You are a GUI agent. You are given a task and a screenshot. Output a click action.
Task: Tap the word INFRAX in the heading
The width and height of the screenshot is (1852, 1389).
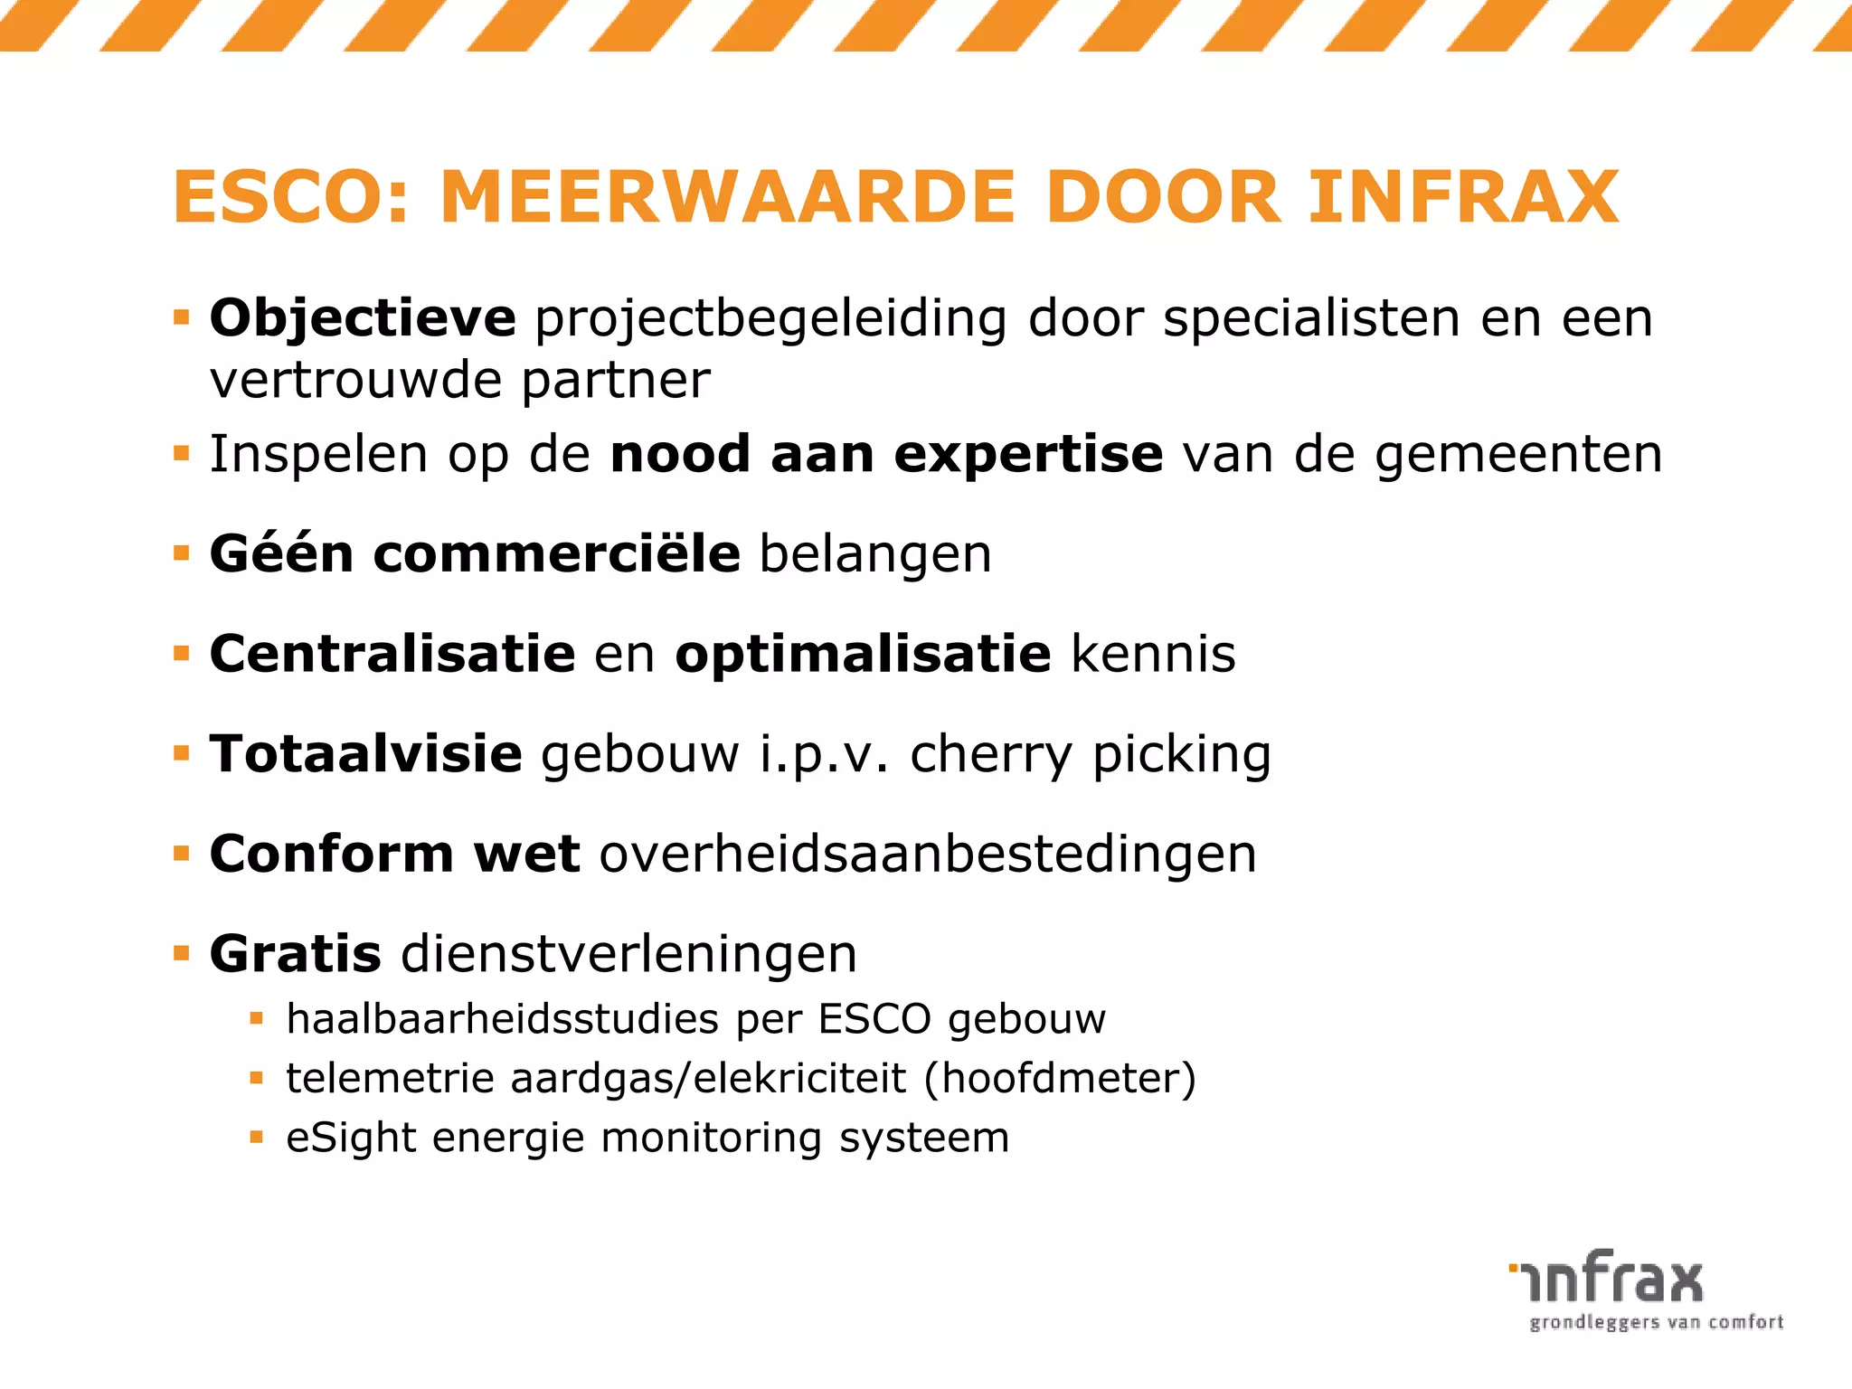tap(1462, 197)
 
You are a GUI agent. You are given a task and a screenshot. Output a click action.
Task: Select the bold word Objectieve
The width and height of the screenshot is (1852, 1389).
tap(363, 318)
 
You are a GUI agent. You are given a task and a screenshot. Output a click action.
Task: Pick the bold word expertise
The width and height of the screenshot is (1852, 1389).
tap(1028, 454)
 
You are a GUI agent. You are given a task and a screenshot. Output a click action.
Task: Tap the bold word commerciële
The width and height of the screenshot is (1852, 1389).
tap(556, 553)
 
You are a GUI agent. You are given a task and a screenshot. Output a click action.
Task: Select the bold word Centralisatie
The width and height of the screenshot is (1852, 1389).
tap(392, 653)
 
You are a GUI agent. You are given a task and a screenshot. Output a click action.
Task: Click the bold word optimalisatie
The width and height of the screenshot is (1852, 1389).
tap(863, 655)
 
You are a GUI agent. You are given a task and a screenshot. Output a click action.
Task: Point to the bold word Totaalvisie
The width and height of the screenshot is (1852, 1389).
tap(366, 753)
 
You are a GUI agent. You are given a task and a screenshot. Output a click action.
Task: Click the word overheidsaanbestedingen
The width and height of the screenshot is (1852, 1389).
tap(928, 854)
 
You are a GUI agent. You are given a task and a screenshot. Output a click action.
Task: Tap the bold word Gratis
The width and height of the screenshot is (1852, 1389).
tap(296, 954)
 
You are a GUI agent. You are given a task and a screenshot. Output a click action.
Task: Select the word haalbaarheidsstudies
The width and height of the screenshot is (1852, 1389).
tap(502, 1019)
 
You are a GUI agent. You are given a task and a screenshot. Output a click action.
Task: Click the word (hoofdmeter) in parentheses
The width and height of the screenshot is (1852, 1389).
tap(1060, 1078)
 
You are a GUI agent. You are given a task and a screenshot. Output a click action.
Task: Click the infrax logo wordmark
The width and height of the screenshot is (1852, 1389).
tap(1606, 1278)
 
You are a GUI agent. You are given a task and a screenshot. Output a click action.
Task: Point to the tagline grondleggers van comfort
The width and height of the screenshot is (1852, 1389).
tap(1656, 1323)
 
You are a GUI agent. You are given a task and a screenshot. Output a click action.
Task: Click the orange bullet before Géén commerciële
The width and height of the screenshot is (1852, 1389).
tap(182, 553)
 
